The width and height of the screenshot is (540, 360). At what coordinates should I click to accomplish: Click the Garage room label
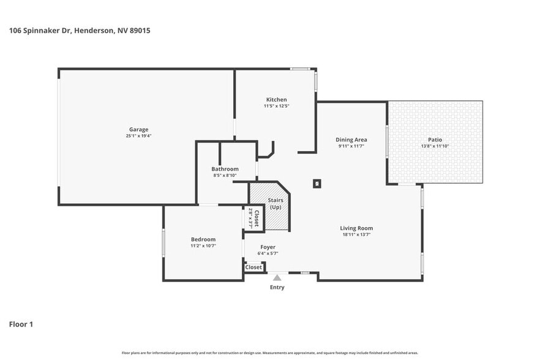point(139,129)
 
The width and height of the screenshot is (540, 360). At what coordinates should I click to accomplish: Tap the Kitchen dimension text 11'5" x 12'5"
point(276,106)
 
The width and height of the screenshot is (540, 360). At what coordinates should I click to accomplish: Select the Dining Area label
point(351,140)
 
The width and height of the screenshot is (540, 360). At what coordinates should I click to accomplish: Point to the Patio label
point(435,140)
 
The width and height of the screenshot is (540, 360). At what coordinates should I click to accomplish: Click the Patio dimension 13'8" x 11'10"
point(435,146)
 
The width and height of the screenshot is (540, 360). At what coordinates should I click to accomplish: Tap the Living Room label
point(356,228)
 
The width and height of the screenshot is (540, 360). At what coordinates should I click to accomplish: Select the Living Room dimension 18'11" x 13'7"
point(356,234)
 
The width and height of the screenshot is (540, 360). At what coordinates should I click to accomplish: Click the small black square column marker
point(317,182)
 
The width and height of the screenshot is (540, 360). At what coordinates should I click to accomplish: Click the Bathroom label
point(225,169)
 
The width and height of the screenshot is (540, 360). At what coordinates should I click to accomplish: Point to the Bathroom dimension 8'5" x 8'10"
point(225,175)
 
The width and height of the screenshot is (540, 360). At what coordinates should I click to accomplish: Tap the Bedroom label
point(203,239)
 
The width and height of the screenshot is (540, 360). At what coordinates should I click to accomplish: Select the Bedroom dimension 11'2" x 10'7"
point(203,246)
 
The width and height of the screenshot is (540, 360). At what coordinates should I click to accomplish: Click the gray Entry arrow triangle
point(277,278)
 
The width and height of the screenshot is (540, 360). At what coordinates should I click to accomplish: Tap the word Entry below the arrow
point(277,287)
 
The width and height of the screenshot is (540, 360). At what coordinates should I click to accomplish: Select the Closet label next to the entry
point(253,268)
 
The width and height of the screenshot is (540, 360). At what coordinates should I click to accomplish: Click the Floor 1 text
point(21,324)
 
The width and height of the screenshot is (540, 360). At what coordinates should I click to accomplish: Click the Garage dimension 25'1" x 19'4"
point(139,136)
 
